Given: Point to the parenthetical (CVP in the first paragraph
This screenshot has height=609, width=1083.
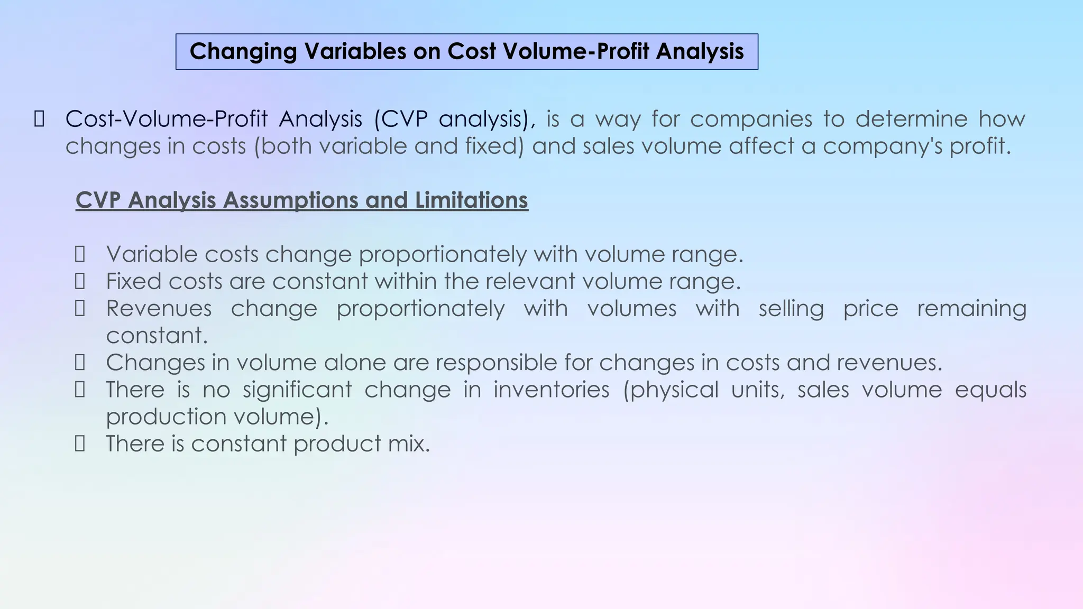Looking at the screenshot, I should click(x=400, y=119).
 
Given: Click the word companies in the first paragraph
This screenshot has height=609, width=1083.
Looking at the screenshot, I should click(x=750, y=119).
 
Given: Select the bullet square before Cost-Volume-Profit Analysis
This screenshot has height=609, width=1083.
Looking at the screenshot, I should click(x=39, y=119).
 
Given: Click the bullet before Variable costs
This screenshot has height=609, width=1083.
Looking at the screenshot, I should click(x=80, y=255).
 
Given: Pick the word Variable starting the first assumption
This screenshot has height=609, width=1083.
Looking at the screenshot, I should click(x=152, y=255).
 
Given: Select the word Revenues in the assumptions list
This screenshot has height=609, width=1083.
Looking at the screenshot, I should click(x=159, y=309).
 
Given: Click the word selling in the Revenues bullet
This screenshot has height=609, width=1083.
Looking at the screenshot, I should click(x=791, y=309).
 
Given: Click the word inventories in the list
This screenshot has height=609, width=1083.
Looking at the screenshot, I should click(x=552, y=390).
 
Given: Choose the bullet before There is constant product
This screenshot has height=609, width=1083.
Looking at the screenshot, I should click(x=80, y=444).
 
